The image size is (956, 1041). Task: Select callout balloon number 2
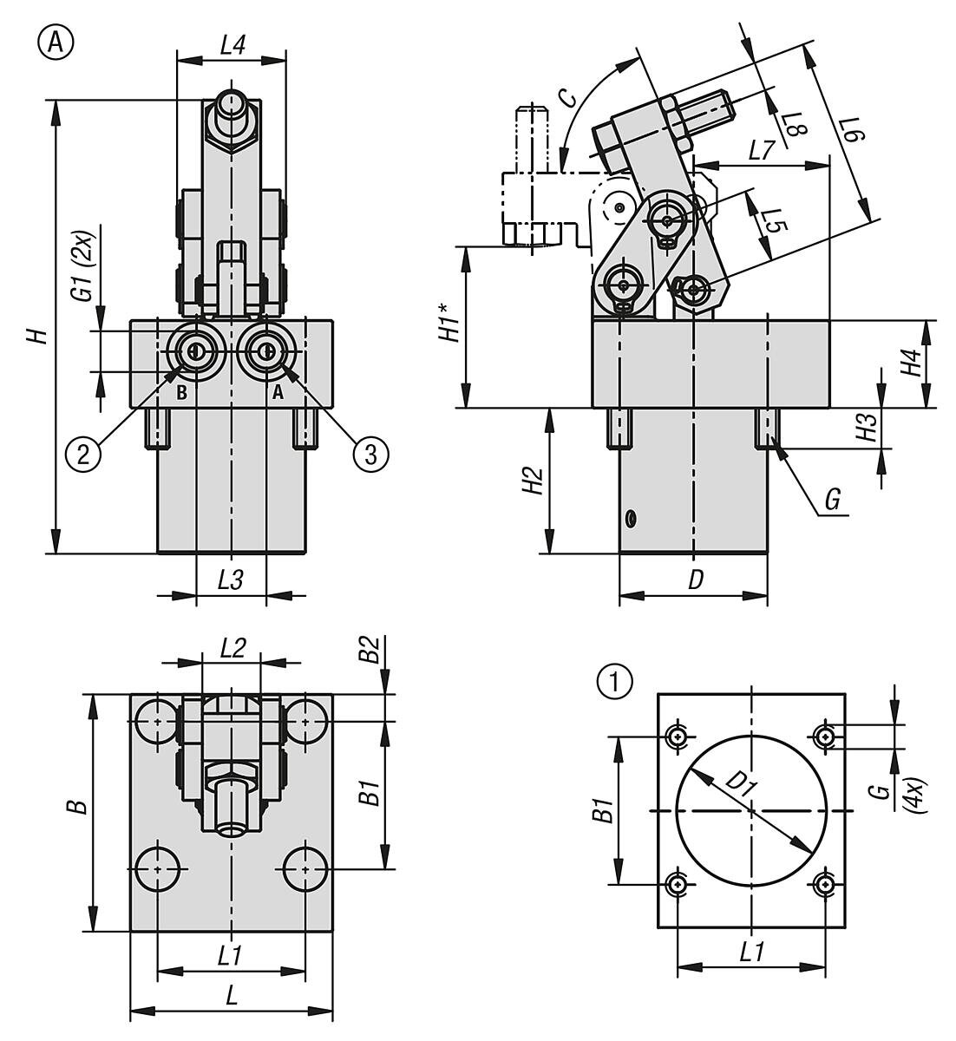pyautogui.click(x=83, y=454)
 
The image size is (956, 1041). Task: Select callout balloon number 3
pyautogui.click(x=370, y=454)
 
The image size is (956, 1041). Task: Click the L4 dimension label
pyautogui.click(x=231, y=46)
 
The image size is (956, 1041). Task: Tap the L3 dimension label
pyautogui.click(x=229, y=581)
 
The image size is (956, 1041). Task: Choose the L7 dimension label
pyautogui.click(x=761, y=150)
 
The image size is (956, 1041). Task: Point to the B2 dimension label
pyautogui.click(x=371, y=651)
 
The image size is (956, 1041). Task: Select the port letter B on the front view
pyautogui.click(x=181, y=392)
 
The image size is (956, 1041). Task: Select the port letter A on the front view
pyautogui.click(x=278, y=392)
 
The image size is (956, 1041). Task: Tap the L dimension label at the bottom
pyautogui.click(x=232, y=996)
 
